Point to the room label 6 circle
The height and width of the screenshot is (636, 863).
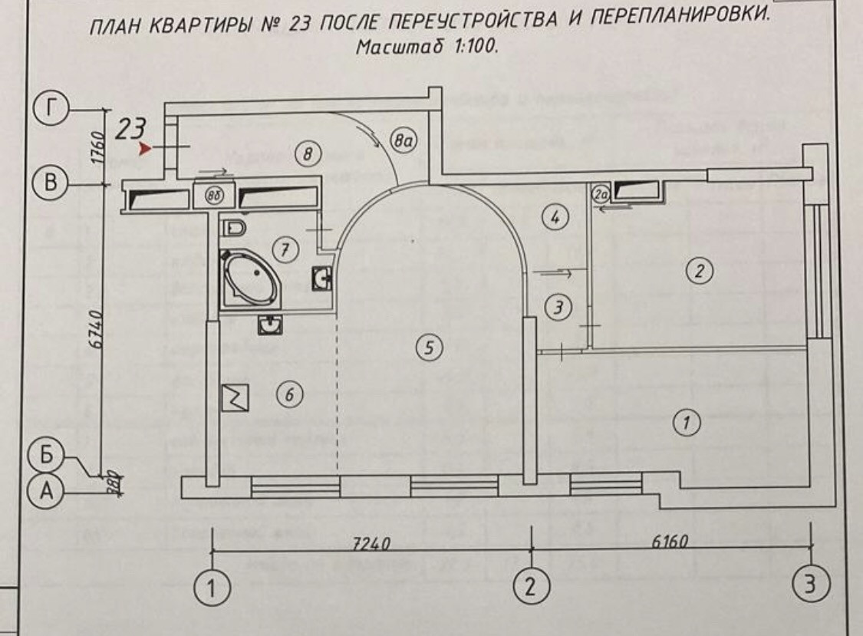tap(289, 396)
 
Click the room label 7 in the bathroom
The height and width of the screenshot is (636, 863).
tap(285, 249)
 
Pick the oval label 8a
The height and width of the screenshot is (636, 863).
tap(403, 140)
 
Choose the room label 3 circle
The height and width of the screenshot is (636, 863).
tap(558, 308)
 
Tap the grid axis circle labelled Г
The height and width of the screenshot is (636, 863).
tap(51, 110)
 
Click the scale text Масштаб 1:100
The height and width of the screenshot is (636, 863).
tap(428, 47)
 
